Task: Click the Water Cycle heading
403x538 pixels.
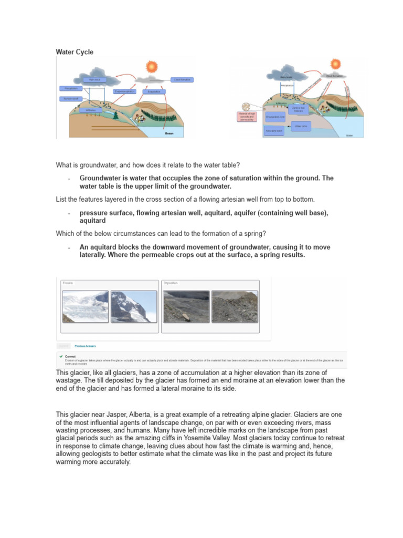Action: pyautogui.click(x=75, y=52)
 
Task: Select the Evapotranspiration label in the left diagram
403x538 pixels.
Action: pyautogui.click(x=125, y=91)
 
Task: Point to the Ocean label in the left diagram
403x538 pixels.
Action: pyautogui.click(x=169, y=133)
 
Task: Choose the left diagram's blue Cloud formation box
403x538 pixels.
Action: pyautogui.click(x=182, y=80)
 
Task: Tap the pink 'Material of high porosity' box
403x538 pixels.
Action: pyautogui.click(x=247, y=117)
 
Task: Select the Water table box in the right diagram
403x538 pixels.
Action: pyautogui.click(x=301, y=126)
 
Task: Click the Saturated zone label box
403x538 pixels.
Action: pyautogui.click(x=274, y=131)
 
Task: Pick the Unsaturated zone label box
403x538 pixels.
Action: pyautogui.click(x=275, y=117)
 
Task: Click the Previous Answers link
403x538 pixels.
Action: pyautogui.click(x=85, y=346)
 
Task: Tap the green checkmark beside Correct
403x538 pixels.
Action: pyautogui.click(x=61, y=356)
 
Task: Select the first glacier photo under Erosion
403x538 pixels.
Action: pyautogui.click(x=85, y=306)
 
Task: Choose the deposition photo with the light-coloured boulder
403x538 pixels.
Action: pyautogui.click(x=186, y=306)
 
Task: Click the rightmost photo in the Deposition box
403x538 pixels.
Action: pyautogui.click(x=235, y=306)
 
